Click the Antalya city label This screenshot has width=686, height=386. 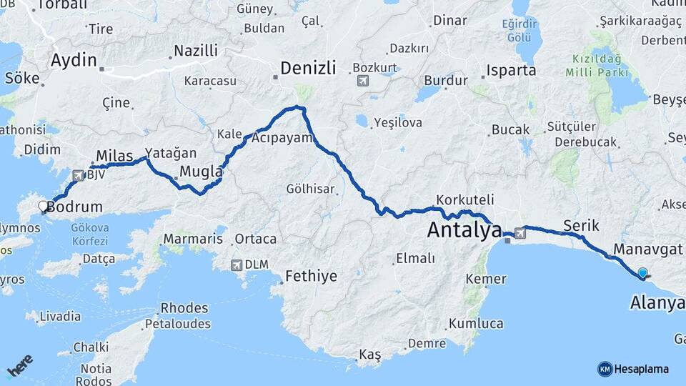tap(464, 230)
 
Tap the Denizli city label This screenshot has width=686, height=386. tap(308, 69)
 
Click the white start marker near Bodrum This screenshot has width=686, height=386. tap(44, 207)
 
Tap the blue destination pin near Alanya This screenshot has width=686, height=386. tap(642, 273)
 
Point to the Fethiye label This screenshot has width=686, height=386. tap(311, 276)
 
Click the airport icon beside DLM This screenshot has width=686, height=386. tap(236, 264)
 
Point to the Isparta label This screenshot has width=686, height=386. tap(511, 71)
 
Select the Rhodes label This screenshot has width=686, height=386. tap(185, 309)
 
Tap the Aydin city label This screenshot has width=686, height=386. tap(74, 61)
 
